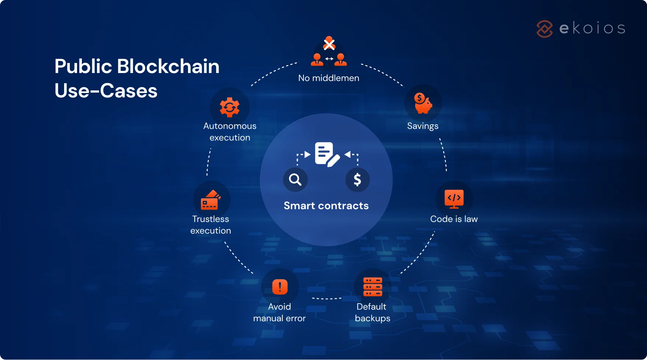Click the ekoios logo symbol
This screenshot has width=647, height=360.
[545, 29]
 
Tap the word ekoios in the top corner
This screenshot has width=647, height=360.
[592, 28]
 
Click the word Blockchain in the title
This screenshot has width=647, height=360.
[168, 66]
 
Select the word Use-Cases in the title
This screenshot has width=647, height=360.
[106, 91]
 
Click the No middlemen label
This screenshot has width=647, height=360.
[328, 78]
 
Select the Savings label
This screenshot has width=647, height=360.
[422, 126]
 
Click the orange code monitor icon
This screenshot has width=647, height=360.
[454, 199]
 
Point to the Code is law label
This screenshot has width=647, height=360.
[454, 219]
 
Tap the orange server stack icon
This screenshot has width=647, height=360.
[372, 287]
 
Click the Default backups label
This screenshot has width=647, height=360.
[372, 312]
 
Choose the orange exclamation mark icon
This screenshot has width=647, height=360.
[280, 287]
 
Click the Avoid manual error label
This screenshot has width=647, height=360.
[279, 312]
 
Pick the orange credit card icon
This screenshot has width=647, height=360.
[210, 200]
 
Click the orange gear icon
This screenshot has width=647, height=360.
[230, 107]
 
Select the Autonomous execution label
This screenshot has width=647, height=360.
[230, 132]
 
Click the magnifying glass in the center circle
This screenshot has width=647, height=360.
[295, 180]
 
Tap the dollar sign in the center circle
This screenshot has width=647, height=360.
[357, 180]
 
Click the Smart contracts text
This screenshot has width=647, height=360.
[326, 206]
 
